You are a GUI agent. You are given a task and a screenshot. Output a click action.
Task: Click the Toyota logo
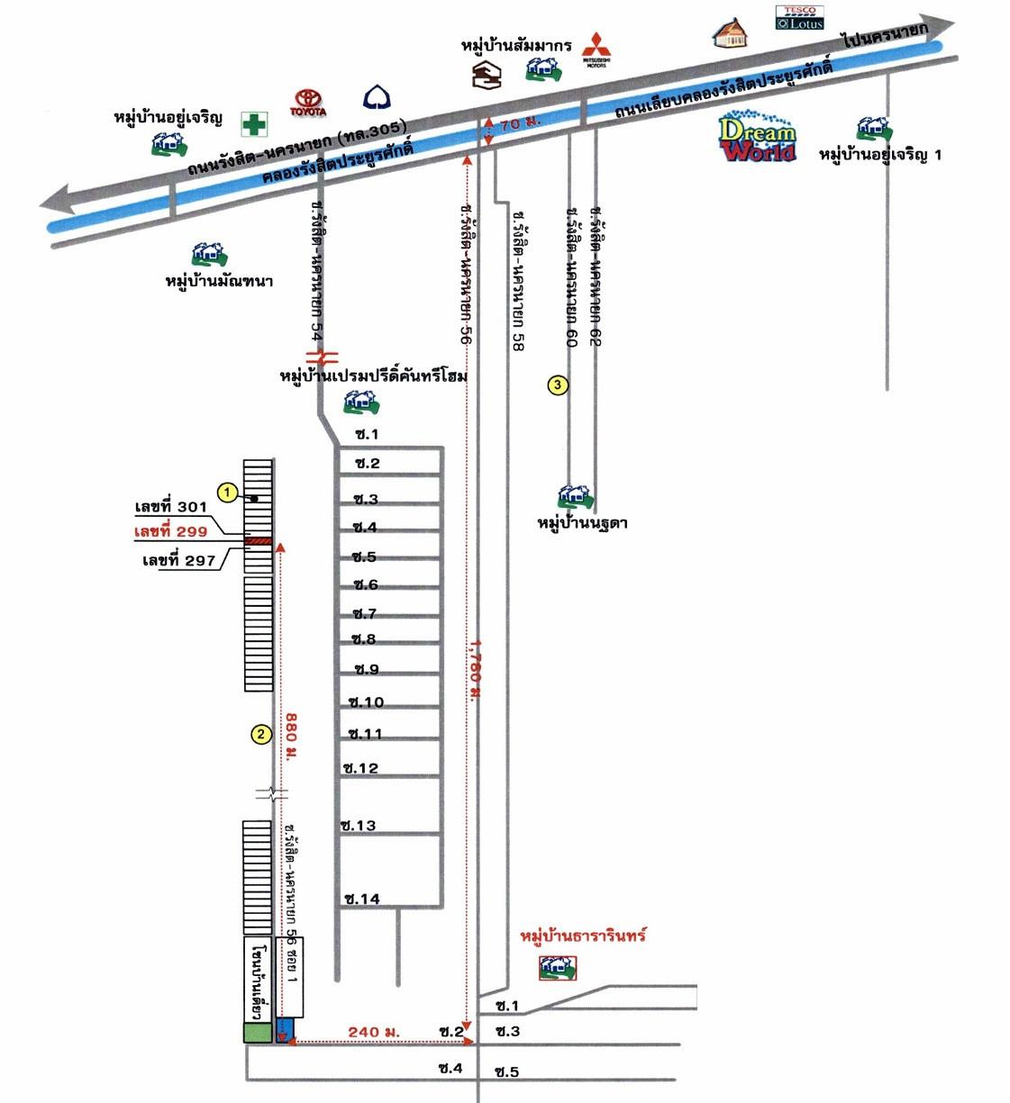pyautogui.click(x=307, y=103)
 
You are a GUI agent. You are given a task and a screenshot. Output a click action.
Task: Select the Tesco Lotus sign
pyautogui.click(x=800, y=18)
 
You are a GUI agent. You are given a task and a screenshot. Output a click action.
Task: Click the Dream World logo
pyautogui.click(x=758, y=139)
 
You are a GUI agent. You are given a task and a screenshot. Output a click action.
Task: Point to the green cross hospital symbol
pyautogui.click(x=254, y=124)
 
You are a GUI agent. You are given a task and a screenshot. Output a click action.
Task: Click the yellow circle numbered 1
pyautogui.click(x=229, y=493)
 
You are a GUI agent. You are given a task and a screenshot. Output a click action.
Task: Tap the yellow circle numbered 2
pyautogui.click(x=260, y=734)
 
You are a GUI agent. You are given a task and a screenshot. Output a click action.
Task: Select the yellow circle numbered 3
pyautogui.click(x=558, y=385)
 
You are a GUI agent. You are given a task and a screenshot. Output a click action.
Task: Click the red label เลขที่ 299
pyautogui.click(x=170, y=532)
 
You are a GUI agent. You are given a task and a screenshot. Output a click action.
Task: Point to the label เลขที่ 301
pyautogui.click(x=171, y=508)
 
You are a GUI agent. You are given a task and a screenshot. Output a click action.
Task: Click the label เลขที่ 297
pyautogui.click(x=179, y=561)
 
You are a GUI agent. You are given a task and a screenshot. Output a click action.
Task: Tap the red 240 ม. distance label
pyautogui.click(x=373, y=1032)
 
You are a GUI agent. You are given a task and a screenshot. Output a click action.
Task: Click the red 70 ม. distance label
pyautogui.click(x=520, y=124)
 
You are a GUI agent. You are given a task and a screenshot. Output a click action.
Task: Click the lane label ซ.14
pyautogui.click(x=362, y=899)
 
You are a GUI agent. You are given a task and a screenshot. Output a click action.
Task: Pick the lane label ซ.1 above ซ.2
pyautogui.click(x=368, y=434)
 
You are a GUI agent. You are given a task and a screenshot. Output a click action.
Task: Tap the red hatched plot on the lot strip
pyautogui.click(x=259, y=540)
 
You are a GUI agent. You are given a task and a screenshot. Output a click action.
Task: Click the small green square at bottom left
pyautogui.click(x=258, y=1033)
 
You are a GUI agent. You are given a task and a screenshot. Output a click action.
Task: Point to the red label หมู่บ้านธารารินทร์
pyautogui.click(x=583, y=936)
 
